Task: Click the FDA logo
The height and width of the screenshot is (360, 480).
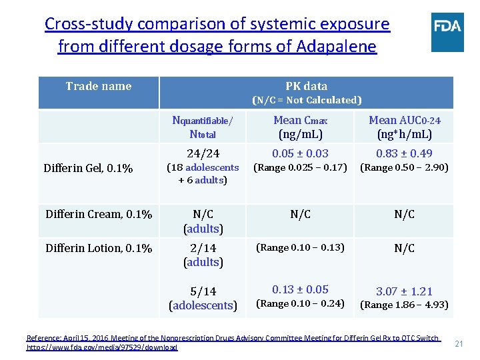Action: point(447,32)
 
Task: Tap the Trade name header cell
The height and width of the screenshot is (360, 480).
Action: point(99,86)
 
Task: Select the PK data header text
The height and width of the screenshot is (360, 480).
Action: point(306,86)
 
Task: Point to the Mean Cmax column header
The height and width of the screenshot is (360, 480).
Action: point(301,127)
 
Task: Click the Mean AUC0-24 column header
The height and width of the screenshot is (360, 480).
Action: point(405,127)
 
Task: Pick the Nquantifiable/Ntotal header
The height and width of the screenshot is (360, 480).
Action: point(203,127)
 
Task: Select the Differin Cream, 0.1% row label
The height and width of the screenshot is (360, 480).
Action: point(99,214)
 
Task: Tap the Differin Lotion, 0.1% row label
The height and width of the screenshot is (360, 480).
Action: point(99,248)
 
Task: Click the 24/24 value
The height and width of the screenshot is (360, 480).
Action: point(203,153)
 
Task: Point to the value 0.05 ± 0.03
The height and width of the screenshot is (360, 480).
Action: point(301,153)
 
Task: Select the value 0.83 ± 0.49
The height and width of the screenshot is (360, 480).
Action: point(405,153)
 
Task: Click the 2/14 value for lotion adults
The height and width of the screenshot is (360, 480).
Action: point(203,248)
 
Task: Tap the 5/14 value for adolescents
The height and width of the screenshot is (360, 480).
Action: point(203,291)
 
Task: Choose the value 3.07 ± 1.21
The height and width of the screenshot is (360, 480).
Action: point(405,291)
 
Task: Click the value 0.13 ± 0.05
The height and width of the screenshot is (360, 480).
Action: point(301,289)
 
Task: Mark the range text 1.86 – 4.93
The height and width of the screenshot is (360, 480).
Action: point(405,305)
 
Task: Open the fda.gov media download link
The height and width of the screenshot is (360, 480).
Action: point(102,347)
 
